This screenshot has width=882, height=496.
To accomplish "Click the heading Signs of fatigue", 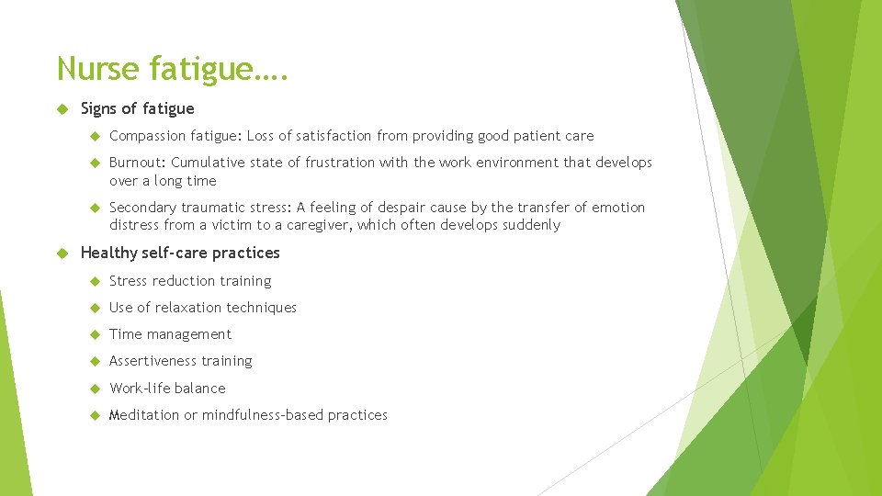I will pos(138,108).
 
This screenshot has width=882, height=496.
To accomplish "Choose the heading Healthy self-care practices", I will pos(180,253).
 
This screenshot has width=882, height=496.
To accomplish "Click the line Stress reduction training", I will pos(190,281).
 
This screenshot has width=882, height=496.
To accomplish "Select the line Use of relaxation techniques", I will pos(203,308).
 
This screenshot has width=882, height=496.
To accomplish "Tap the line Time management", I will pos(170,334).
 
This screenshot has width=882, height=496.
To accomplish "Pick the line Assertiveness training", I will pos(180,361).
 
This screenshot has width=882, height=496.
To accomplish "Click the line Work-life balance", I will pos(167,389).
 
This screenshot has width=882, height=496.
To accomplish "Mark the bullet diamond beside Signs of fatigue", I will pos(63,109).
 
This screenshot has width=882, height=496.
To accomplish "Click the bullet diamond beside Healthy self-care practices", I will pos(63,254).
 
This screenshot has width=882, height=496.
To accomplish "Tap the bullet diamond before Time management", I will pos(93,335).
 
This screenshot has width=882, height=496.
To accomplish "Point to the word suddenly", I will pos(530,225).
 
